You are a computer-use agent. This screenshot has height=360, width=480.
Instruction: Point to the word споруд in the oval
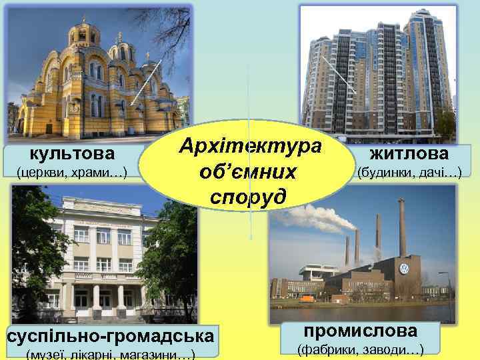tap(248, 196)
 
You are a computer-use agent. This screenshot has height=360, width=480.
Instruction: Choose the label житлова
tap(409, 155)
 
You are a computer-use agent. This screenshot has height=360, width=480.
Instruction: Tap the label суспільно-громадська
tap(111, 336)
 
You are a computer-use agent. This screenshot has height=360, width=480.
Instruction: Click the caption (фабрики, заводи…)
tap(361, 349)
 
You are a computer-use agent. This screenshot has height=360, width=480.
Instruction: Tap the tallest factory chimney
tap(402, 227)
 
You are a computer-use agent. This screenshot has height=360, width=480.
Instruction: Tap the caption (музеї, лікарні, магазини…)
tap(109, 355)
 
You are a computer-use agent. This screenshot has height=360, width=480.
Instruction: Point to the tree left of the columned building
tap(30, 247)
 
